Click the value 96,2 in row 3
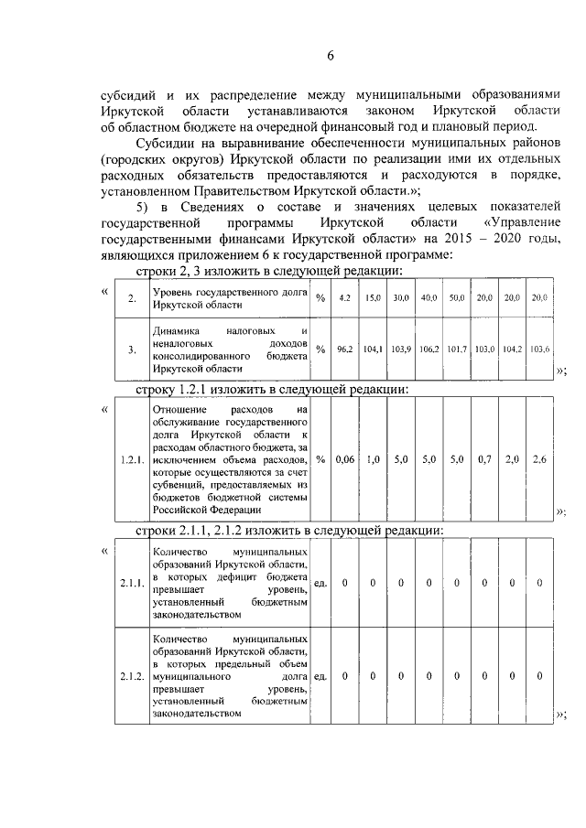[345, 349]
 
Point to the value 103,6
[540, 349]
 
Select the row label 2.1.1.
[132, 582]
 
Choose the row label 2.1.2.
[132, 677]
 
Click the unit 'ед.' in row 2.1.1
[320, 582]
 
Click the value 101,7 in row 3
[457, 349]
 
